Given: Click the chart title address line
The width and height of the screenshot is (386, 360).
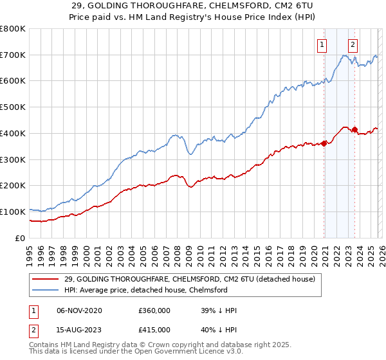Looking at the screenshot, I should [192, 6].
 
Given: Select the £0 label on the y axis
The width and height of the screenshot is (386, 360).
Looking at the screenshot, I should [19, 238].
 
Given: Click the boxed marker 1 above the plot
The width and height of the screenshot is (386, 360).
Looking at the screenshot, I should [321, 44].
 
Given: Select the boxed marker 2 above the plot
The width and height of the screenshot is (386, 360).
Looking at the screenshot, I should [353, 44].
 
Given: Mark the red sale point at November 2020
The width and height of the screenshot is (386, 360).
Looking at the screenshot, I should [324, 143].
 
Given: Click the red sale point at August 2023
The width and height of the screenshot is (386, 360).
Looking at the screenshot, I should [355, 129].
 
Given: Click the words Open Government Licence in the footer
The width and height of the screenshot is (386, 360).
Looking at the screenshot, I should [178, 354].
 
